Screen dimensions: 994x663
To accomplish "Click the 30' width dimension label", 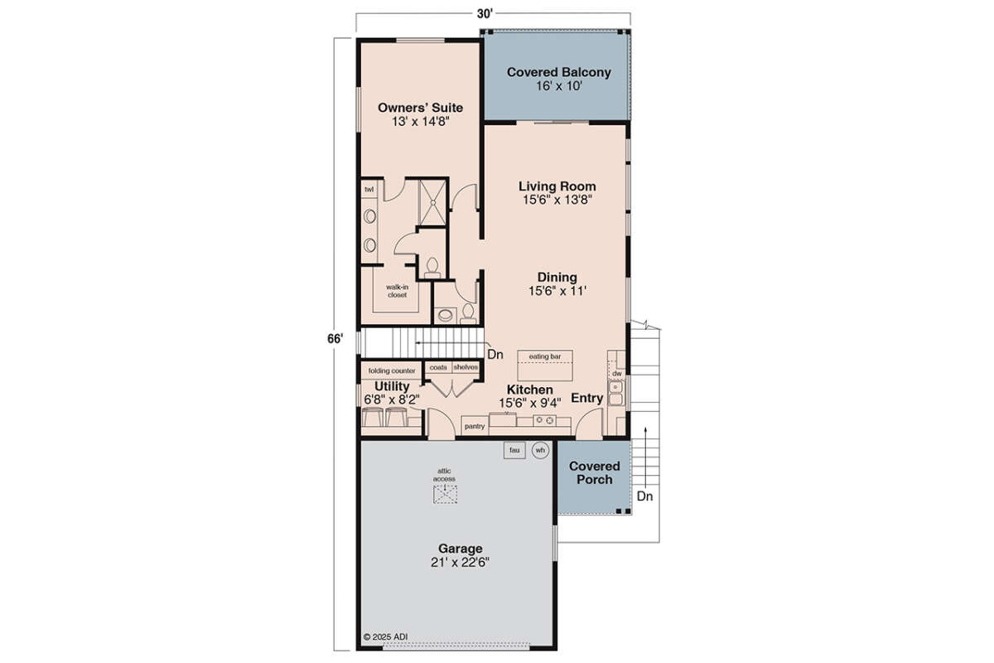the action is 485,14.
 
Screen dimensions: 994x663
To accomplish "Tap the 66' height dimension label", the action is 335,339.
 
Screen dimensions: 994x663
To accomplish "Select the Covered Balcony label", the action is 558,72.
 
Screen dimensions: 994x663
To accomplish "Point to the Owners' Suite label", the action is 420,108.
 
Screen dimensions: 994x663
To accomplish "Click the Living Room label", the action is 557,186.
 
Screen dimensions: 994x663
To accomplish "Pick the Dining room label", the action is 557,277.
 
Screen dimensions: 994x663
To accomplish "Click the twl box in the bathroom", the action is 369,189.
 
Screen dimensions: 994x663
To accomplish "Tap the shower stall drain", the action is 433,202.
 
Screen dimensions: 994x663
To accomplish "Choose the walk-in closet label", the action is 397,291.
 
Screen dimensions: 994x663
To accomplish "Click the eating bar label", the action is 544,356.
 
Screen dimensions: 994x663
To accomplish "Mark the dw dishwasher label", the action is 617,374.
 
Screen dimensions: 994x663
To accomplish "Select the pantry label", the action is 475,426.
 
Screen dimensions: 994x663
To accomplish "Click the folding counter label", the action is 391,370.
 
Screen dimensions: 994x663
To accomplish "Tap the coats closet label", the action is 438,367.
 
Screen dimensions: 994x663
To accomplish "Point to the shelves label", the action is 466,367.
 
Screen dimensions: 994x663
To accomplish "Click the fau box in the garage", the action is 514,450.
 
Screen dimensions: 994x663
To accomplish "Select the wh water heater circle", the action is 540,450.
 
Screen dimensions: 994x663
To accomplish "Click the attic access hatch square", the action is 445,494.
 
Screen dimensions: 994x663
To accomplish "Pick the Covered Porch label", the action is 594,472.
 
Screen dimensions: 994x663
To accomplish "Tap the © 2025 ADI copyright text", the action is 385,636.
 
